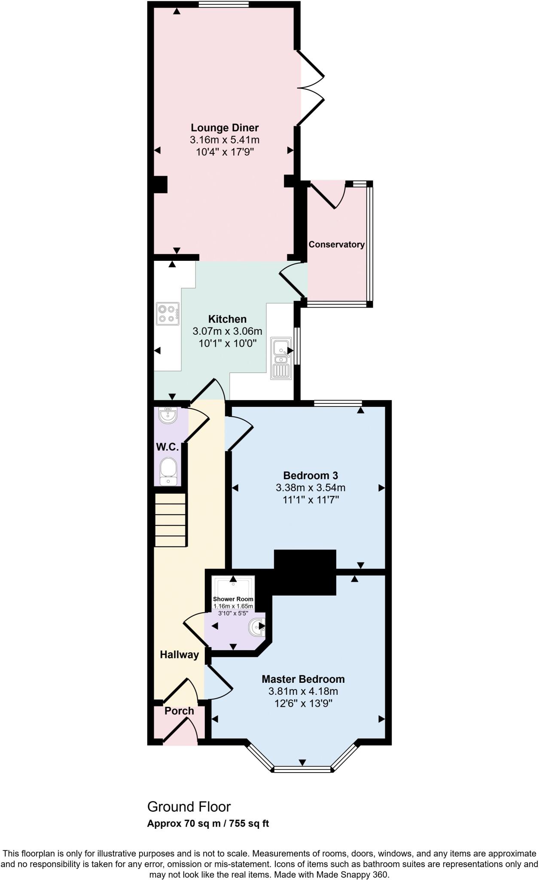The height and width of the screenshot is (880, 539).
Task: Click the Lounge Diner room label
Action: pyautogui.click(x=225, y=128)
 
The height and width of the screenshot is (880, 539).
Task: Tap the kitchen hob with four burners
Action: pyautogui.click(x=167, y=314)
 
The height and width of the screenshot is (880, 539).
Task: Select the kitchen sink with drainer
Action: pyautogui.click(x=281, y=358)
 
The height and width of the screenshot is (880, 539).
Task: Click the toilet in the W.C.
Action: pyautogui.click(x=168, y=471)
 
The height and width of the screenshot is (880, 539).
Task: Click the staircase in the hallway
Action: pyautogui.click(x=171, y=519)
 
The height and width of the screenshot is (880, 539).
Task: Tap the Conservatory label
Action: pyautogui.click(x=336, y=244)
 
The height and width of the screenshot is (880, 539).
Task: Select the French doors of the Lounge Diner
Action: pyautogui.click(x=311, y=88)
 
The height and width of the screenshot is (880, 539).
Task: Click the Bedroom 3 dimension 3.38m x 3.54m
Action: pyautogui.click(x=310, y=488)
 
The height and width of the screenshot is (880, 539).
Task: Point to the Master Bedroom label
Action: pyautogui.click(x=303, y=679)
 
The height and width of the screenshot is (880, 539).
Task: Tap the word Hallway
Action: pyautogui.click(x=179, y=654)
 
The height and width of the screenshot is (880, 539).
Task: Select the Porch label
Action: pyautogui.click(x=179, y=711)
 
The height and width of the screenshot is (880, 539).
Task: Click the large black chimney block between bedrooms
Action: pyautogui.click(x=305, y=572)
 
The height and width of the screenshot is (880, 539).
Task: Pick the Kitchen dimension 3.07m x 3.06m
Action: pyautogui.click(x=227, y=331)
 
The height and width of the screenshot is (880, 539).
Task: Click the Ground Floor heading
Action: pyautogui.click(x=189, y=807)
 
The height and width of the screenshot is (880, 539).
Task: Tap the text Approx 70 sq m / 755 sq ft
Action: pyautogui.click(x=208, y=823)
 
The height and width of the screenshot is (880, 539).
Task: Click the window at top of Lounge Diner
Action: pyautogui.click(x=224, y=4)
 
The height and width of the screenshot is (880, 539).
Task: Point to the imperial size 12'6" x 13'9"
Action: pyautogui.click(x=303, y=703)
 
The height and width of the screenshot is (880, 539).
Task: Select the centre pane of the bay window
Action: pyautogui.click(x=302, y=769)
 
